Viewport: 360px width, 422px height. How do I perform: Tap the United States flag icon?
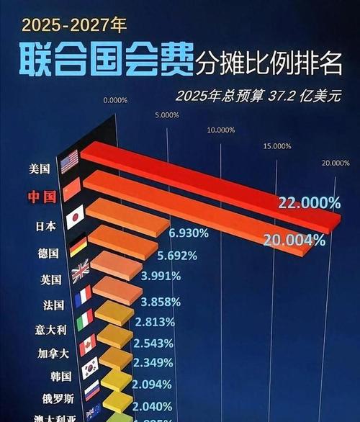coord(69,161)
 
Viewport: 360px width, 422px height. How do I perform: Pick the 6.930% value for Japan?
coord(189,233)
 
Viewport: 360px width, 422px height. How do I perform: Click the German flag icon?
coord(78,248)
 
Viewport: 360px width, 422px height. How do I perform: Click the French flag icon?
coord(84,295)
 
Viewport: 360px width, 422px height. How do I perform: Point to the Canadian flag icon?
coord(87,344)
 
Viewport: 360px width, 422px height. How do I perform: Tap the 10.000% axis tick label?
coord(221,130)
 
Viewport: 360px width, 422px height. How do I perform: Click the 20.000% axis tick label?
coord(336,163)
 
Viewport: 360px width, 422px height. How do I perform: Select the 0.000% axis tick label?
coord(116,100)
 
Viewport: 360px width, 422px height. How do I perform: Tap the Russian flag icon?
coord(92,391)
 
